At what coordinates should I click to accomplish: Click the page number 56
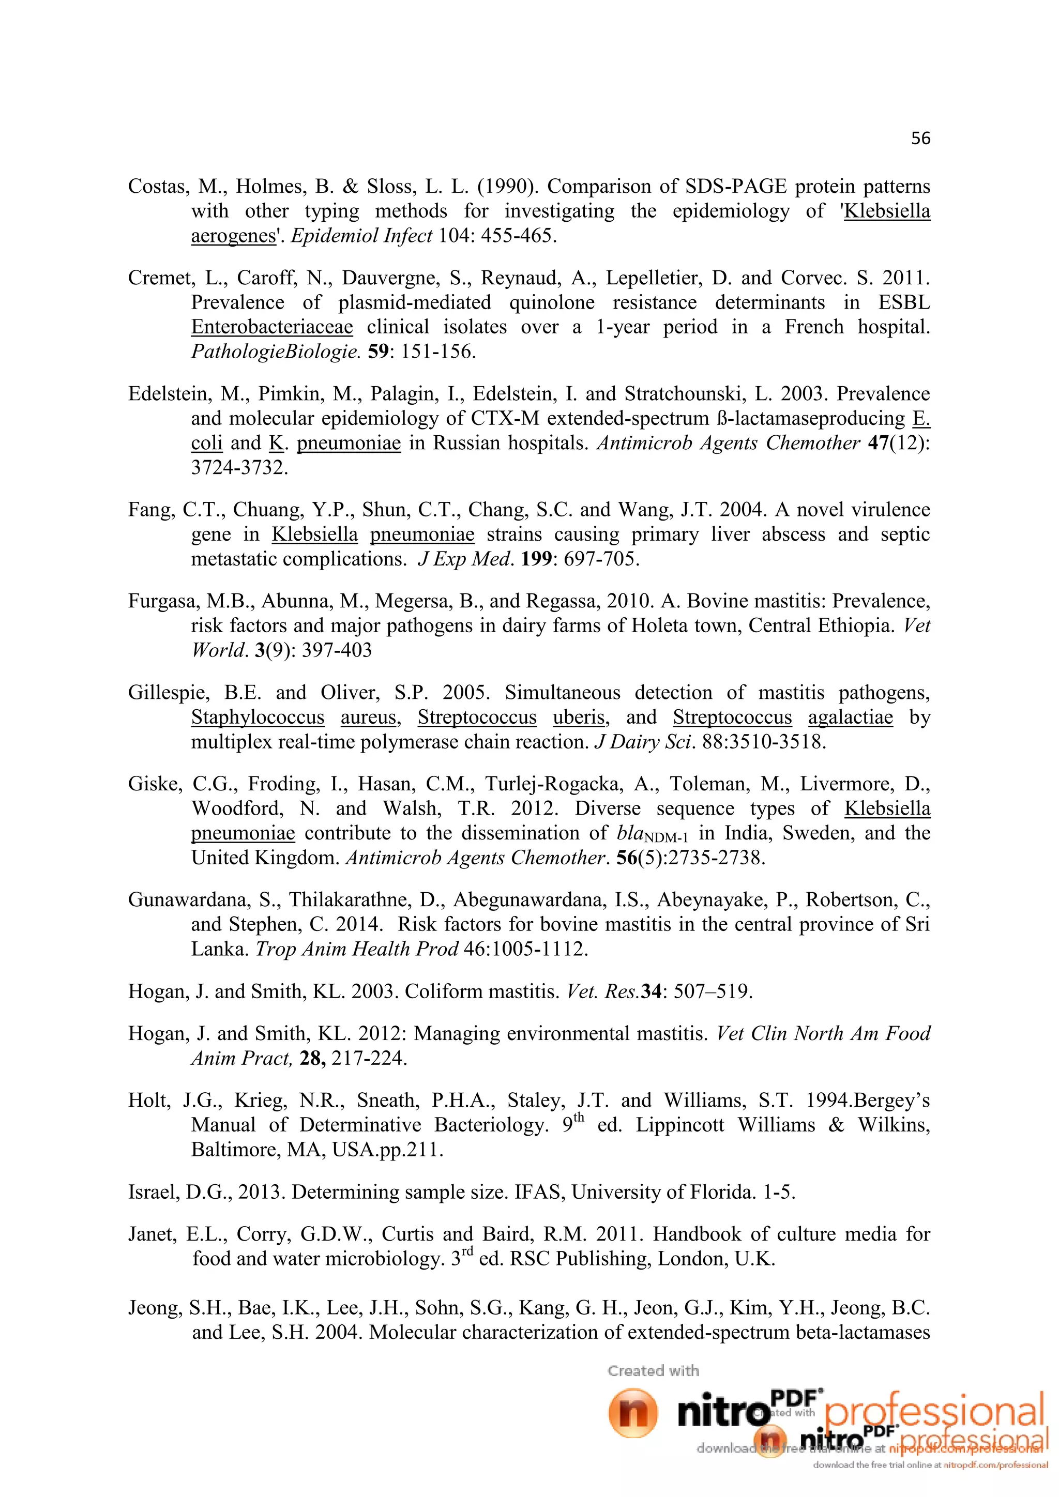pos(920,138)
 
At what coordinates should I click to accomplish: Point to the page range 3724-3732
pos(239,468)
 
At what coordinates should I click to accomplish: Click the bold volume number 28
pos(312,1058)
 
